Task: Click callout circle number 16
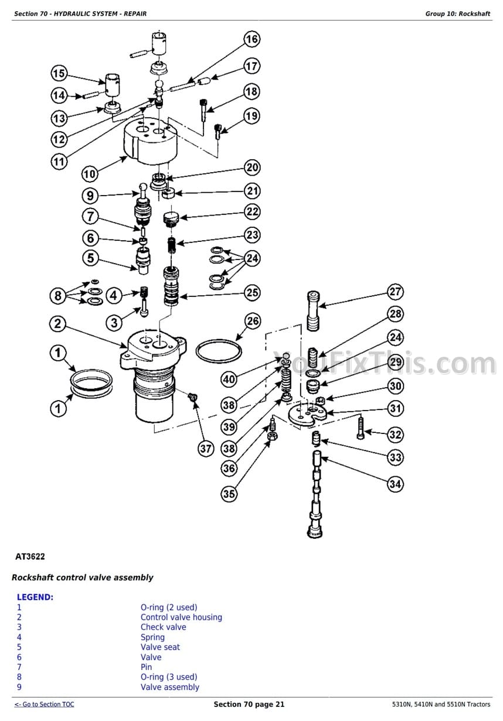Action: click(x=251, y=40)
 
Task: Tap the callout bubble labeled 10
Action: click(x=90, y=174)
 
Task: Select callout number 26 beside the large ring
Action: click(x=252, y=321)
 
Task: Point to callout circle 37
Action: click(x=206, y=449)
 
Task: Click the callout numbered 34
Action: click(x=396, y=484)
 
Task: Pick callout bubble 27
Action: click(x=396, y=292)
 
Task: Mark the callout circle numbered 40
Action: click(x=229, y=380)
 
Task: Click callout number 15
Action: click(x=59, y=73)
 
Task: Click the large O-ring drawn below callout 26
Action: click(x=219, y=353)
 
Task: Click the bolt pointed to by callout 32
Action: click(x=360, y=428)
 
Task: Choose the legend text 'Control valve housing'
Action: click(x=181, y=617)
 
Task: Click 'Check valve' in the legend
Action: click(x=163, y=627)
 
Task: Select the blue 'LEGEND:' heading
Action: click(x=35, y=597)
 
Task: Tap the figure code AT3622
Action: click(x=30, y=556)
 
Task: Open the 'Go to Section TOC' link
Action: click(x=45, y=705)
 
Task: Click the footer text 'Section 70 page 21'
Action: click(x=249, y=705)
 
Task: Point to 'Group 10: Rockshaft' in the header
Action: click(x=457, y=13)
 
